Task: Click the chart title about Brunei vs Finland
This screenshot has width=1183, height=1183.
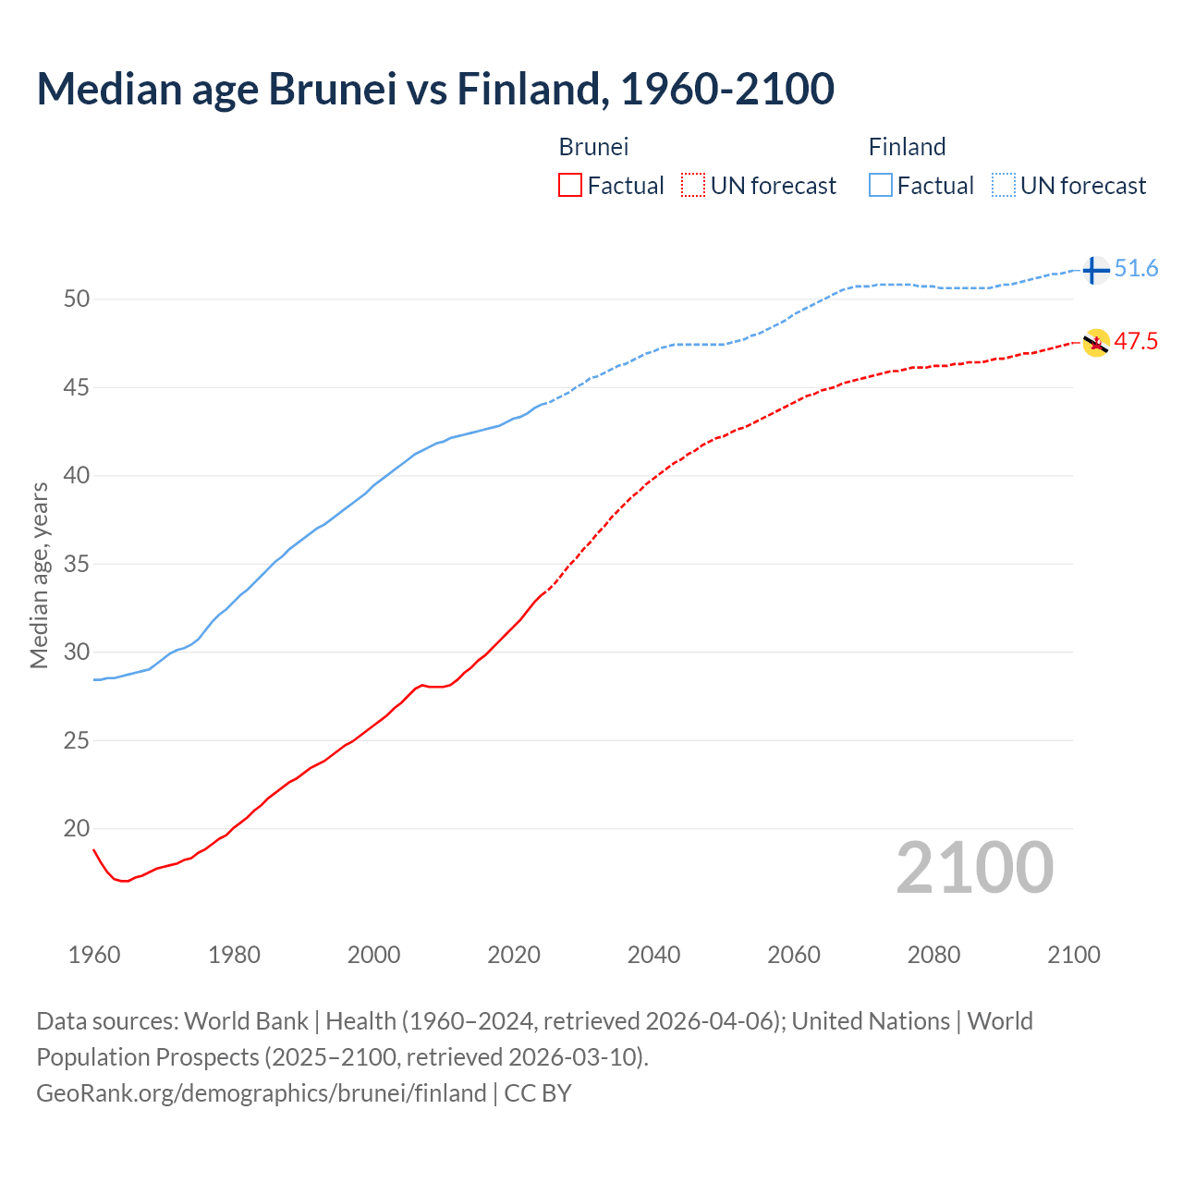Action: [435, 89]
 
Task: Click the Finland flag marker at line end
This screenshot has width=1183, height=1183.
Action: [1094, 270]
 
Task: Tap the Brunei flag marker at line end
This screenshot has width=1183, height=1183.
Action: [1096, 343]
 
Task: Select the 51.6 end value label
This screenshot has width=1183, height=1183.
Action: [1136, 269]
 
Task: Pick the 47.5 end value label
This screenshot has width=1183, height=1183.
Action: [1136, 342]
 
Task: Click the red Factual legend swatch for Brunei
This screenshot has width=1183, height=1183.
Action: [570, 186]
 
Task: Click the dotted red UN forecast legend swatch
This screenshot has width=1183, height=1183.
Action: [693, 186]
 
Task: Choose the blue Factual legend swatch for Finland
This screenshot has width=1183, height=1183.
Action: [881, 186]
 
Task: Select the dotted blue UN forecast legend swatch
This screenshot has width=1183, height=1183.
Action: [1003, 186]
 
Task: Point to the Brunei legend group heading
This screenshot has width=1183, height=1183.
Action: [593, 147]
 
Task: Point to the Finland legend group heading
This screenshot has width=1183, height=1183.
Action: [907, 147]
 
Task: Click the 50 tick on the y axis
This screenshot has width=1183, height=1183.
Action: [76, 299]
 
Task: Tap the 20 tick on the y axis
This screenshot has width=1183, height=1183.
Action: [76, 828]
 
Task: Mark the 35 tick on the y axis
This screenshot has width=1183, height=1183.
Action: [76, 564]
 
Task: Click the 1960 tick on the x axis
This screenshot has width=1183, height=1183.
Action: [94, 955]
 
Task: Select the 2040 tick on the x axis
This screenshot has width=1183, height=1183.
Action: [653, 955]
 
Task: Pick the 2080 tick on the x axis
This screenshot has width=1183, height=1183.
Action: [933, 955]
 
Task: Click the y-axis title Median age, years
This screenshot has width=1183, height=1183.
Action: [39, 575]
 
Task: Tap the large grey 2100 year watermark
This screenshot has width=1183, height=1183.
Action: [974, 868]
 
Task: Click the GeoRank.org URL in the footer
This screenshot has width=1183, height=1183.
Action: [261, 1093]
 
